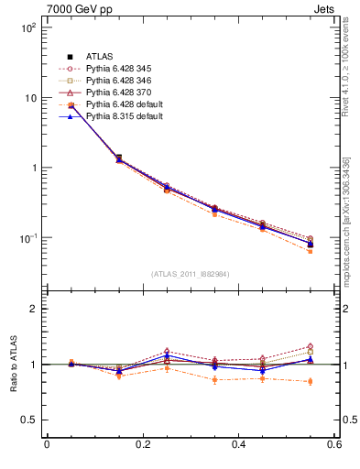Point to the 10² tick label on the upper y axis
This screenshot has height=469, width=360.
point(29,27)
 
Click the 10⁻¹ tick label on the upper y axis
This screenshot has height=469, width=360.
point(29,238)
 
